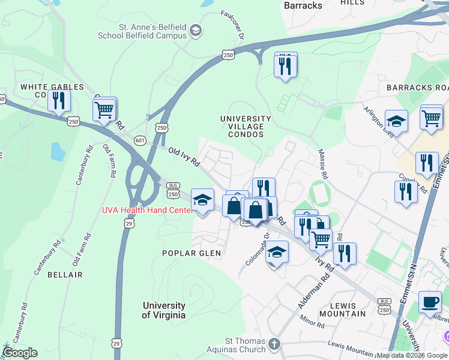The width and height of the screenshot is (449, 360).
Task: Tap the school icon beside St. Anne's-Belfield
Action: pyautogui.click(x=196, y=30)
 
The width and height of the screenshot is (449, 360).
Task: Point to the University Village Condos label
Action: pyautogui.click(x=241, y=127)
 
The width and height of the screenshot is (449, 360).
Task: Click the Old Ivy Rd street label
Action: pyautogui.click(x=184, y=157)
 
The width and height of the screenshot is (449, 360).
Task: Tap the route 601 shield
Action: pyautogui.click(x=140, y=140)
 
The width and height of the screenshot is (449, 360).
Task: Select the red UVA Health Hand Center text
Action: pyautogui.click(x=148, y=209)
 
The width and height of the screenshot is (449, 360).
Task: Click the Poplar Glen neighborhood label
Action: pyautogui.click(x=191, y=253)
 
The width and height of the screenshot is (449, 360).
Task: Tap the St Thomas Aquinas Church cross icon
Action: pyautogui.click(x=274, y=344)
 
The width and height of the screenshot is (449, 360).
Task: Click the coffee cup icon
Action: pyautogui.click(x=430, y=302)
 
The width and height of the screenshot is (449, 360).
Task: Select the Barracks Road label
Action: pyautogui.click(x=417, y=87)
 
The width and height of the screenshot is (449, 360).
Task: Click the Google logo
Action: pyautogui.click(x=20, y=353)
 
